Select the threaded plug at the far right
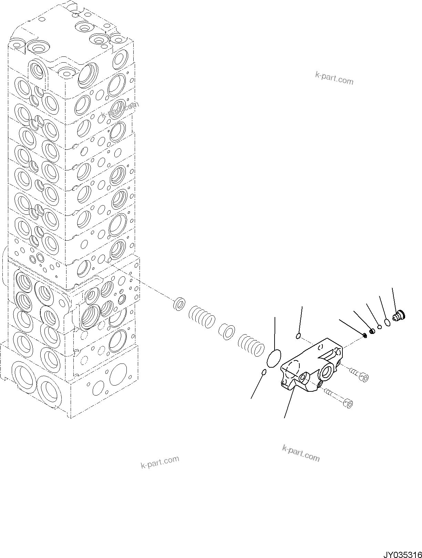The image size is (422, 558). tap(400, 315)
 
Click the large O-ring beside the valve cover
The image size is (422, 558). tap(274, 359)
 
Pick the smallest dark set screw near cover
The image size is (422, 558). tap(364, 335)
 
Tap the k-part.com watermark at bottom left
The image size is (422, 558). tap(160, 462)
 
